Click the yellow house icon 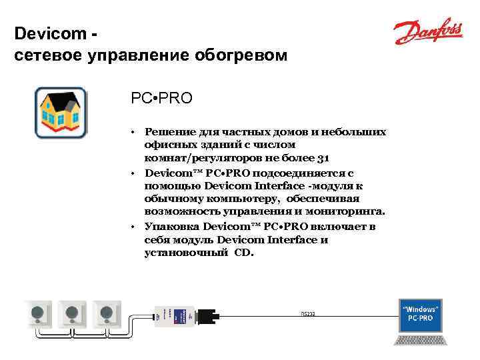61,112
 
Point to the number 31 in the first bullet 323,158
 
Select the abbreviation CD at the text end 244,253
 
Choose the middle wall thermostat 72,313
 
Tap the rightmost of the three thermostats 105,313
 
